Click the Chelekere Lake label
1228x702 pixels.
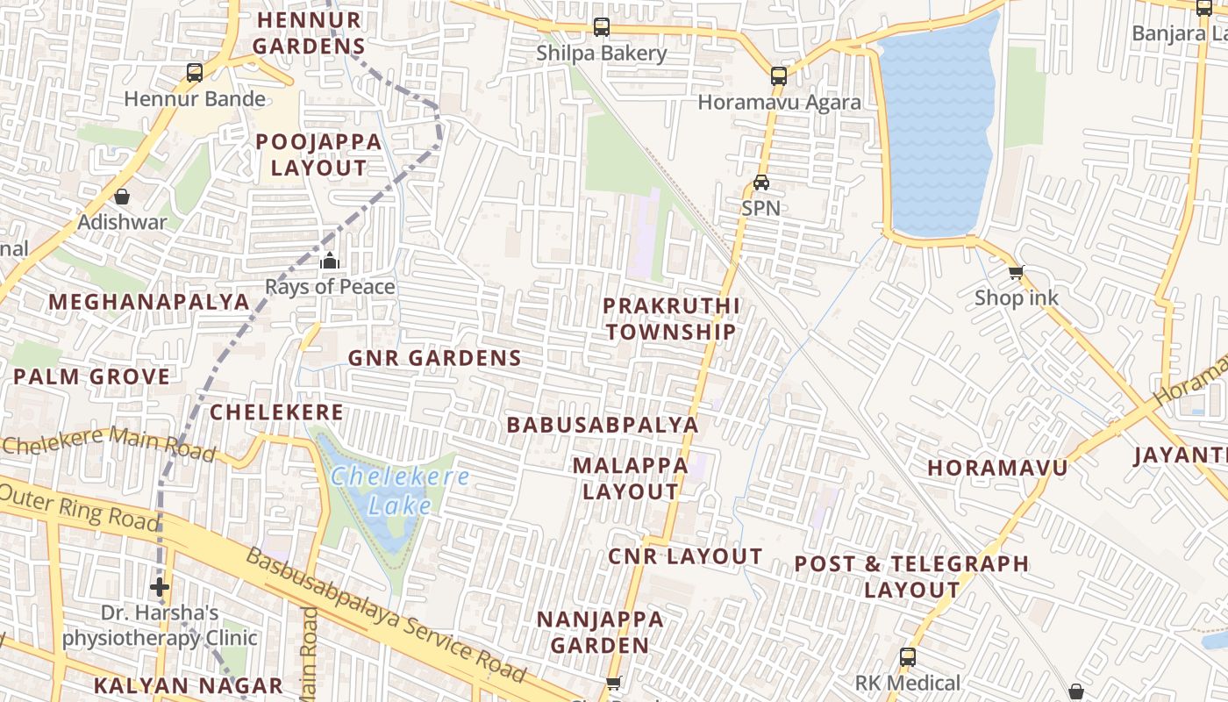pyautogui.click(x=400, y=491)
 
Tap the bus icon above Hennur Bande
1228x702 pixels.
pyautogui.click(x=195, y=73)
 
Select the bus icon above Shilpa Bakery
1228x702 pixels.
pyautogui.click(x=602, y=27)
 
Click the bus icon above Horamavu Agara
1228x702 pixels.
pyautogui.click(x=779, y=76)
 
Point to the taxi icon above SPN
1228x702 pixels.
pyautogui.click(x=761, y=183)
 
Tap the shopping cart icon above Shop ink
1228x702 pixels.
pyautogui.click(x=1016, y=272)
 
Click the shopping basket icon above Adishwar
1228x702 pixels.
pyautogui.click(x=122, y=197)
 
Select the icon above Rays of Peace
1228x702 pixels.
pyautogui.click(x=330, y=261)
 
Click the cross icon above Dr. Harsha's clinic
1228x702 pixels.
pyautogui.click(x=160, y=586)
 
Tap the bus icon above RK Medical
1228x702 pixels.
pyautogui.click(x=908, y=656)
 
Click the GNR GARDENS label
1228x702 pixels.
pyautogui.click(x=435, y=358)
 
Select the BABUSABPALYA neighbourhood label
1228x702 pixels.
pyautogui.click(x=603, y=425)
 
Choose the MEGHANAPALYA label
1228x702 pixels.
pyautogui.click(x=149, y=302)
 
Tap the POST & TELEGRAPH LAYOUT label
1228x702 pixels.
pyautogui.click(x=911, y=577)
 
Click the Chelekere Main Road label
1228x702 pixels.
pyautogui.click(x=109, y=444)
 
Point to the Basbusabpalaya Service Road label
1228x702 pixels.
pyautogui.click(x=386, y=614)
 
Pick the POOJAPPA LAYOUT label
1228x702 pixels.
pyautogui.click(x=318, y=154)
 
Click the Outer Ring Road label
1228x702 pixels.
pyautogui.click(x=79, y=506)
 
